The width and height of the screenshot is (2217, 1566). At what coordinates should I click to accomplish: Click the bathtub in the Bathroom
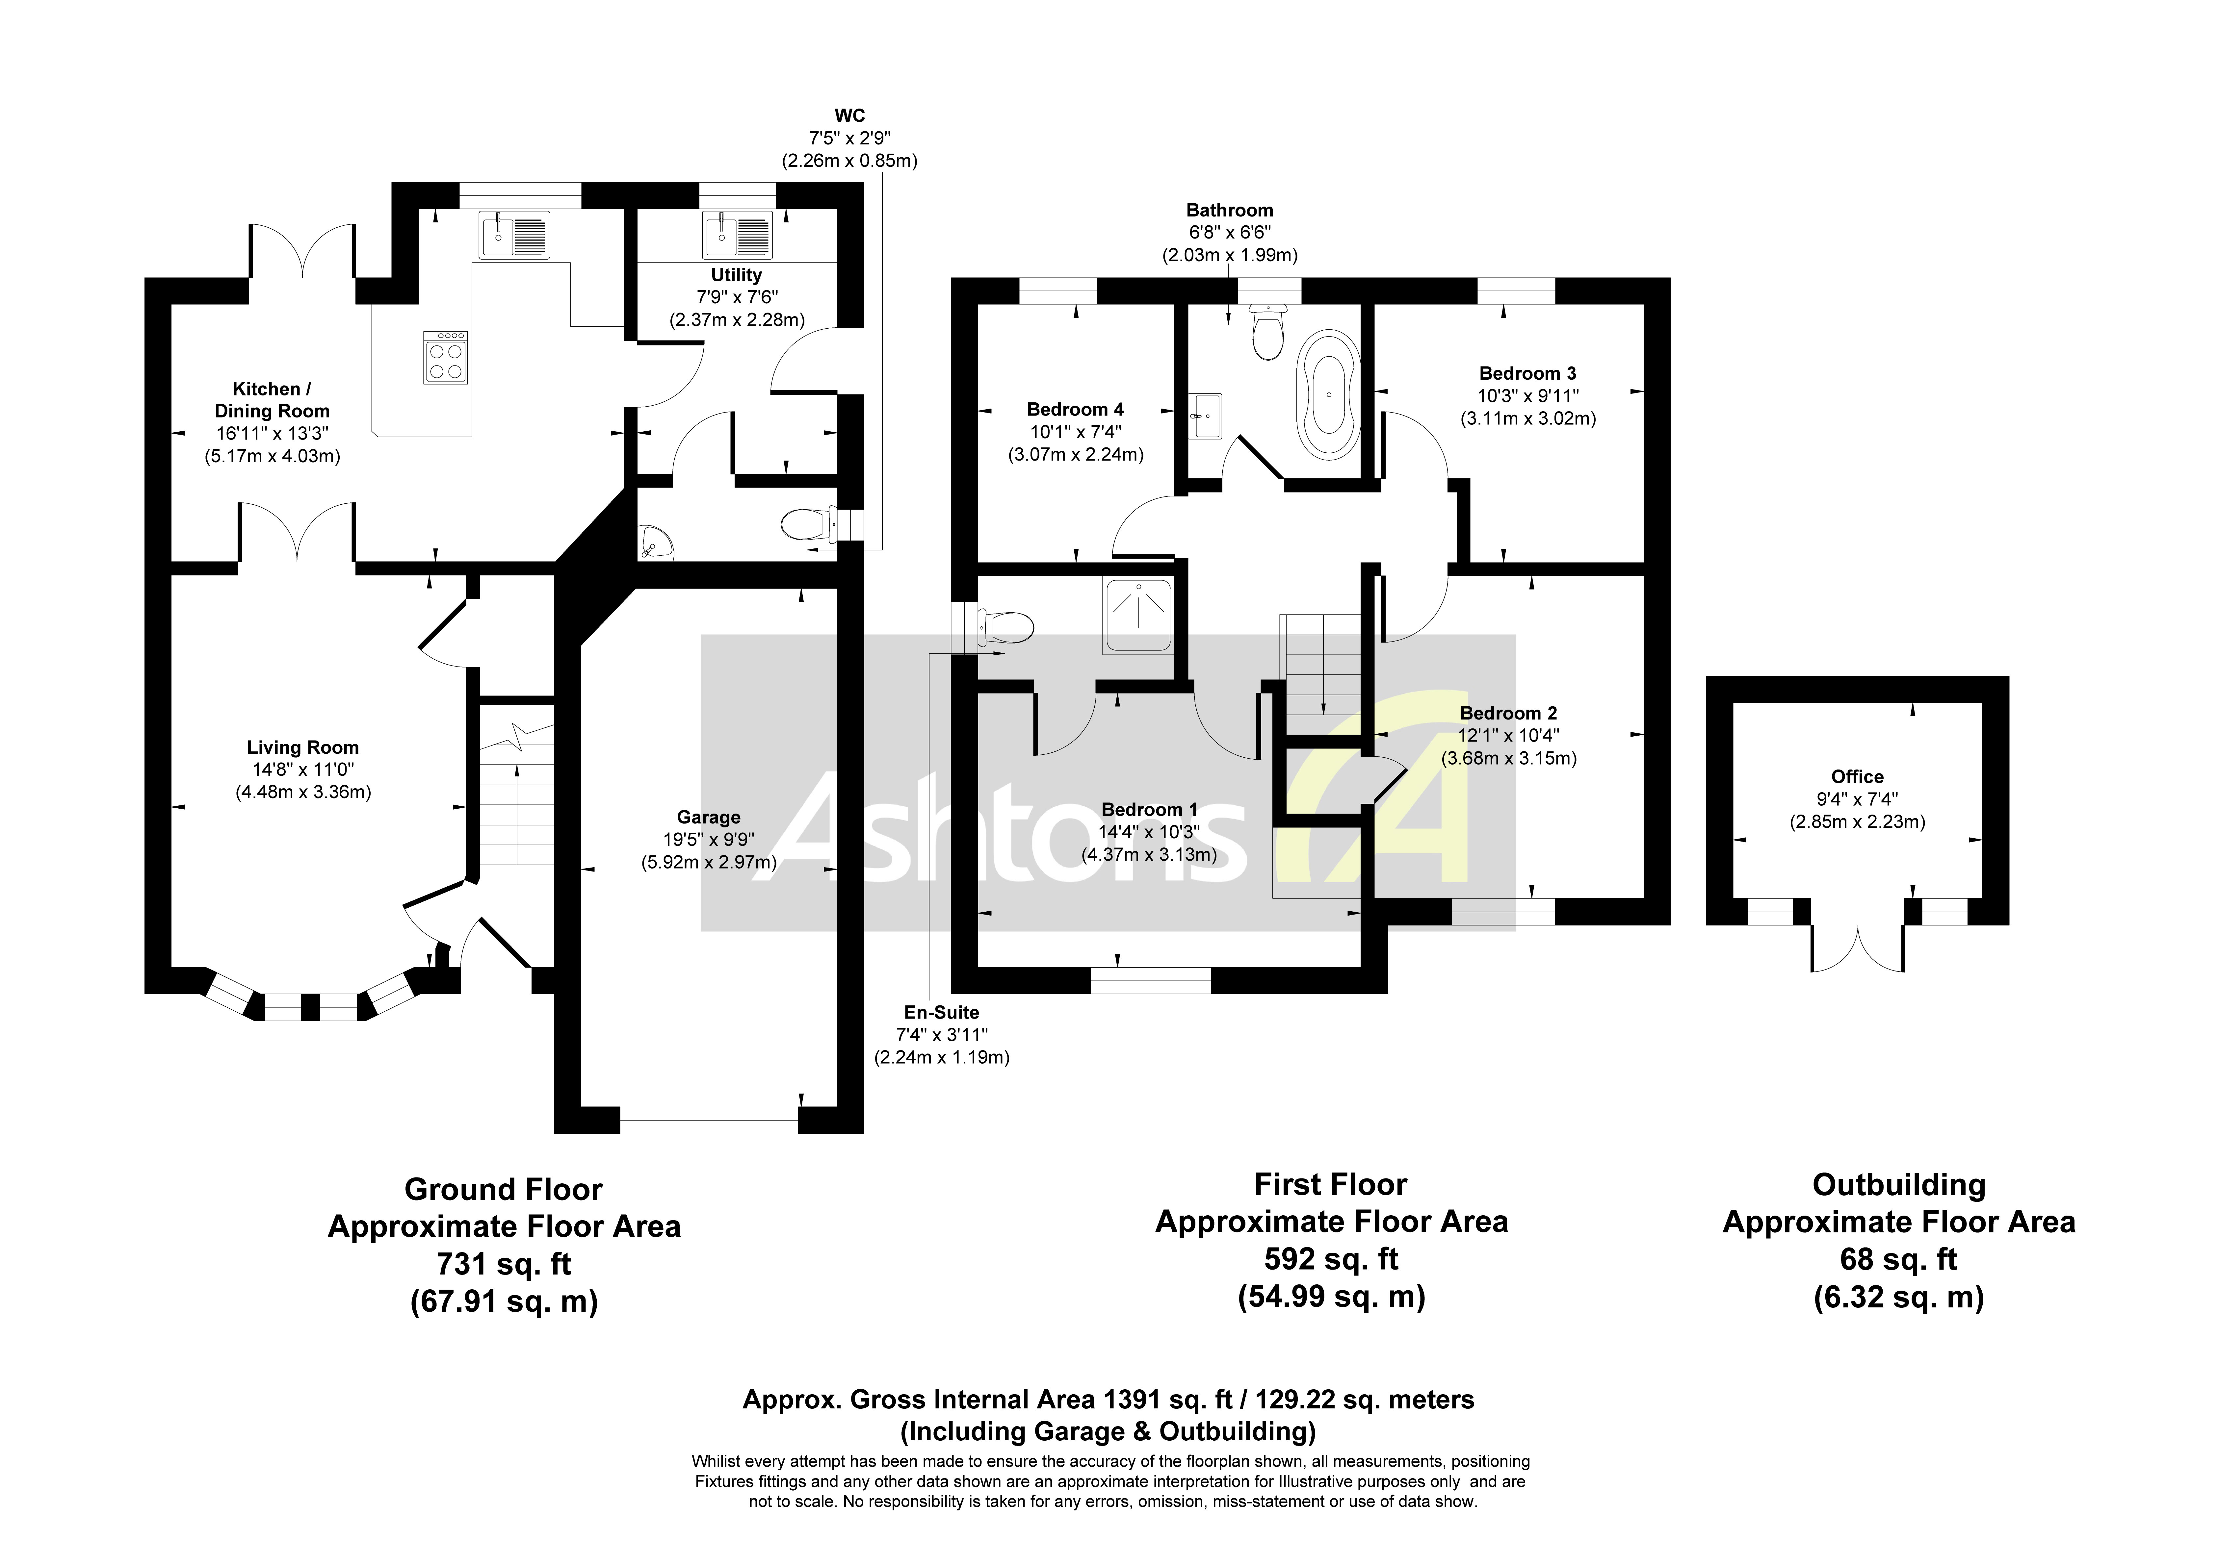(1331, 394)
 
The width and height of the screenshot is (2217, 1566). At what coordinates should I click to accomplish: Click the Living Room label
(302, 747)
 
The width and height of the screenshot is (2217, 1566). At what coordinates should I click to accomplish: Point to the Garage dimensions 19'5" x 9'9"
(709, 840)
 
